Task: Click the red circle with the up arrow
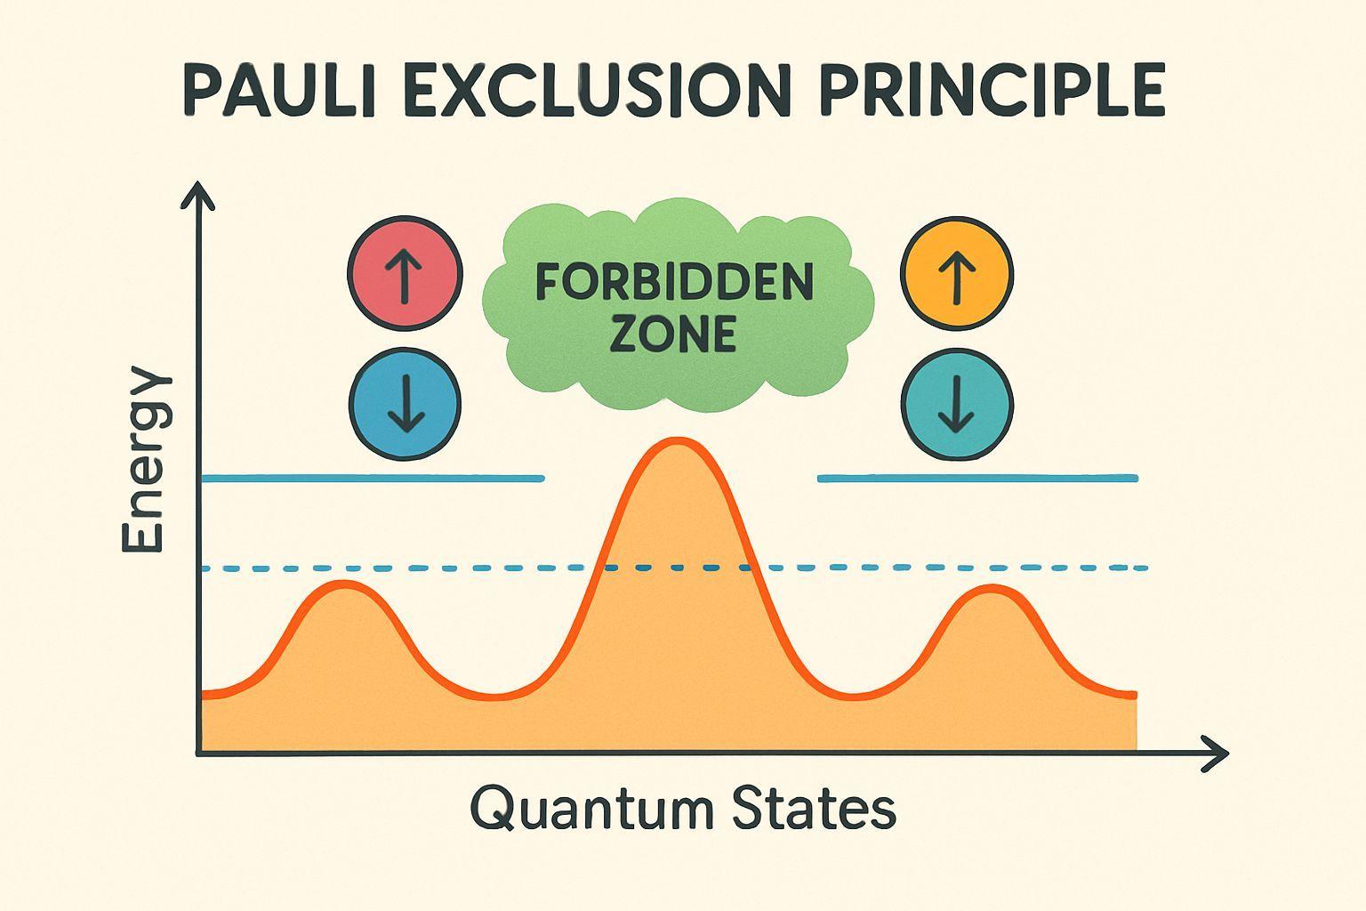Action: pyautogui.click(x=405, y=272)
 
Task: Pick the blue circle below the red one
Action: pyautogui.click(x=405, y=403)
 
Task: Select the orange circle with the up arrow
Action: pyautogui.click(x=957, y=272)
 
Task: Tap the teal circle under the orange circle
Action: pyautogui.click(x=957, y=403)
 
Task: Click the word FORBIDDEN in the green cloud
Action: pyautogui.click(x=674, y=283)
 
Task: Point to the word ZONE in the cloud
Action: pyautogui.click(x=674, y=335)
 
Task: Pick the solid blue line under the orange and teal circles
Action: pyautogui.click(x=976, y=479)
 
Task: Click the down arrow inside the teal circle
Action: pyautogui.click(x=957, y=405)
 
